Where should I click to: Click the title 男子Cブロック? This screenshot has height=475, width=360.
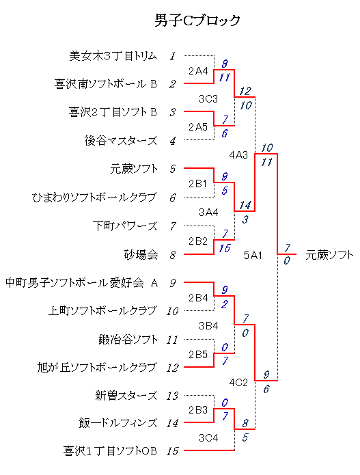coord(197,21)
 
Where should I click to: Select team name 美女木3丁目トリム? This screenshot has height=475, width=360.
coord(113,56)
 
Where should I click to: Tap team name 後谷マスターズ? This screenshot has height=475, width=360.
coord(121,141)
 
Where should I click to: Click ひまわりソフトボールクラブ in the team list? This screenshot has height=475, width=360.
coord(94,198)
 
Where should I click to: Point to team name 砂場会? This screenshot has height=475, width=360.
coord(141,254)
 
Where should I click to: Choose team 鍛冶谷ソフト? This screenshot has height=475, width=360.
coord(128,339)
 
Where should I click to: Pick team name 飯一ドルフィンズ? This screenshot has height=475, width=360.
coord(118,422)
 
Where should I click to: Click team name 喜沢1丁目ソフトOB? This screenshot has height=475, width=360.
coord(110,451)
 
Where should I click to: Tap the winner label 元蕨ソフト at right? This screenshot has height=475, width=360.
coord(329,255)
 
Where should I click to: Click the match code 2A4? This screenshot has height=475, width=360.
coord(198,71)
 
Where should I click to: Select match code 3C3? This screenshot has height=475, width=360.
coord(208,98)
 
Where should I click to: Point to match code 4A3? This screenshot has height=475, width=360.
coord(238,155)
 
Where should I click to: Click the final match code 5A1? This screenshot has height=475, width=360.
coord(253,256)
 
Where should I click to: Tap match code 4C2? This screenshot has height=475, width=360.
coord(238,383)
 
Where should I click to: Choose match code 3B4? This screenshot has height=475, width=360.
coord(208,325)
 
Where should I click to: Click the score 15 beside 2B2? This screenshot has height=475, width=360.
coord(224,248)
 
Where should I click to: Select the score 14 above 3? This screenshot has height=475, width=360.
coord(245,205)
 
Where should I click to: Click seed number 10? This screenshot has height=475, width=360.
coord(172,311)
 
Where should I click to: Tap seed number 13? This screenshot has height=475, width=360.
coord(172,396)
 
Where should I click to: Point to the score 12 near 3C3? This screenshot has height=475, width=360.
coord(245,91)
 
